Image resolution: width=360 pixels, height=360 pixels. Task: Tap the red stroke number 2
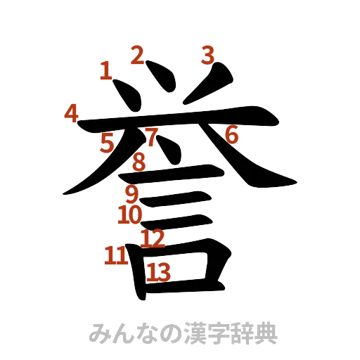click(x=138, y=54)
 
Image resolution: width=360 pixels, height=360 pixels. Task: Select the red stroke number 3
click(x=207, y=56)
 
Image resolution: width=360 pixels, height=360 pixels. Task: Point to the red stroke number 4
click(x=70, y=112)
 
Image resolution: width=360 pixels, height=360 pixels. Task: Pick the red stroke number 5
click(x=107, y=143)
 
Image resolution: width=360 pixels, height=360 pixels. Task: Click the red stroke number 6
click(x=232, y=134)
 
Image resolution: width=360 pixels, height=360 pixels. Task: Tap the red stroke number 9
click(x=132, y=193)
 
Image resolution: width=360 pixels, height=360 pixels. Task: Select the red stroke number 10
click(x=131, y=212)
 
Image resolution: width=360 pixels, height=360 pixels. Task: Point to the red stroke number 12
click(x=153, y=238)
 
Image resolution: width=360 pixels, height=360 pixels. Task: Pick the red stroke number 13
click(x=160, y=270)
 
